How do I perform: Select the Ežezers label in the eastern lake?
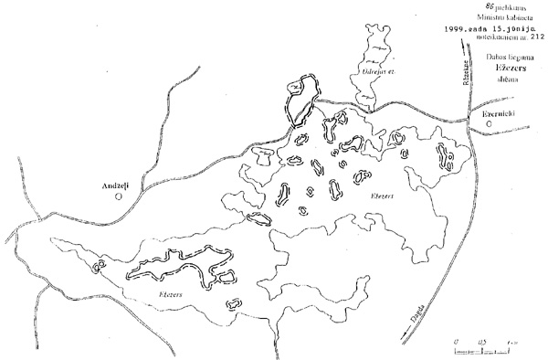[384, 196]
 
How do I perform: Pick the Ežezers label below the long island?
[171, 294]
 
